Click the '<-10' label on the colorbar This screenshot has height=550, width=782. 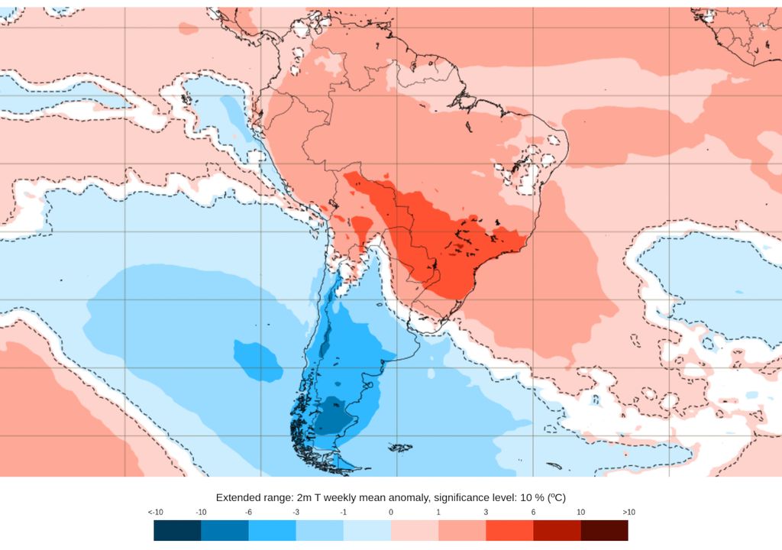coord(155,512)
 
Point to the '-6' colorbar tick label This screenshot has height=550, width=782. coord(249,512)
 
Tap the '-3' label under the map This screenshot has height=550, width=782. coord(296,512)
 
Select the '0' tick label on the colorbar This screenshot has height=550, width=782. coord(390,512)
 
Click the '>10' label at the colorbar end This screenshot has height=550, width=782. coord(629,512)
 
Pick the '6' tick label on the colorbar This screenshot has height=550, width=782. coord(533,512)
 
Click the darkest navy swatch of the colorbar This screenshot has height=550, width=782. coord(177,530)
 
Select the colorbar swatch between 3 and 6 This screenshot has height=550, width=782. coord(509,530)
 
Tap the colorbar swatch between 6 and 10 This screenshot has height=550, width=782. coord(557,530)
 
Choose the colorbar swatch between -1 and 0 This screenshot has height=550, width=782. coord(367,530)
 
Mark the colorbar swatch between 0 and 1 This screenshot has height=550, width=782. coord(415,530)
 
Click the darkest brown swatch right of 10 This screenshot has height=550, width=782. coord(604,530)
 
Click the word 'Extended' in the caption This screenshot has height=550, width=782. coord(239,497)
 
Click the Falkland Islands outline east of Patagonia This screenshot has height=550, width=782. coord(399,448)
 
